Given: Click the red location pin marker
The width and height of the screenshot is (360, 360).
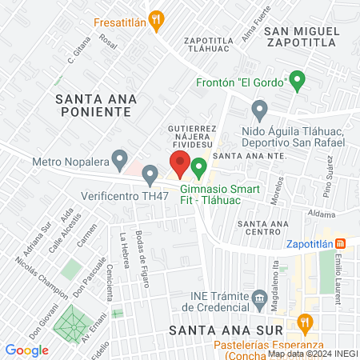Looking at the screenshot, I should pyautogui.click(x=181, y=164).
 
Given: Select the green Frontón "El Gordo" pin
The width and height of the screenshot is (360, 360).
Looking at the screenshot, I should pyautogui.click(x=298, y=80).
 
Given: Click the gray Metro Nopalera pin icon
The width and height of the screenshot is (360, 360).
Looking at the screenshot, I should pyautogui.click(x=120, y=160).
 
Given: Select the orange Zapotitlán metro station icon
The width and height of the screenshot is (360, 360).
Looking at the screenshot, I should pyautogui.click(x=340, y=243).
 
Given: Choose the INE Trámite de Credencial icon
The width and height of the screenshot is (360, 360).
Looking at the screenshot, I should pyautogui.click(x=259, y=300).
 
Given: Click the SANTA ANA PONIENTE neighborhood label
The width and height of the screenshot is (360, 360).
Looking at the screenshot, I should pyautogui.click(x=97, y=105).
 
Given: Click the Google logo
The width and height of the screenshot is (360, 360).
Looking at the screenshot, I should pyautogui.click(x=26, y=350).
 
